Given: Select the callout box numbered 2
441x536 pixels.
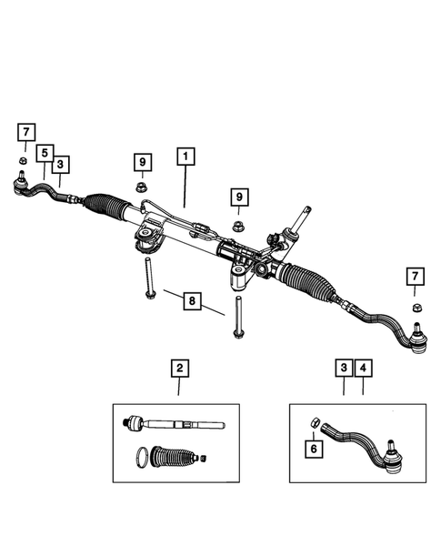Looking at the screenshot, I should click(x=179, y=369).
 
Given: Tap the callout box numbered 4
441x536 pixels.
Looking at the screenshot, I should click(x=363, y=369).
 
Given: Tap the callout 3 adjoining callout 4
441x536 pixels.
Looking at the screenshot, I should click(x=343, y=369).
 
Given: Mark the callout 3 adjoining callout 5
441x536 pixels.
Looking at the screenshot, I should click(x=60, y=165).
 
